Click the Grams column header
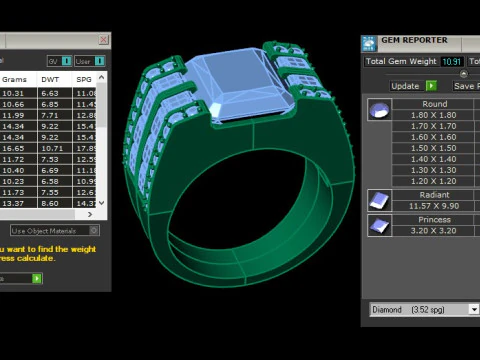click(x=15, y=78)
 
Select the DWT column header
click(x=50, y=78)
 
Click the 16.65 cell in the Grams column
click(x=14, y=148)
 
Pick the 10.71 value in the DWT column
click(x=50, y=148)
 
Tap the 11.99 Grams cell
click(x=14, y=115)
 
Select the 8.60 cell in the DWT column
click(x=50, y=203)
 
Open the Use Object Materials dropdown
click(x=54, y=231)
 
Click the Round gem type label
click(x=435, y=104)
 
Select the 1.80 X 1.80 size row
click(x=435, y=115)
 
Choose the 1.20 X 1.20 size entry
click(x=435, y=181)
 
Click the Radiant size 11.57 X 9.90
click(x=435, y=205)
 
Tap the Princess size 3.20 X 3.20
click(x=435, y=229)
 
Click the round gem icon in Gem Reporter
click(x=379, y=109)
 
